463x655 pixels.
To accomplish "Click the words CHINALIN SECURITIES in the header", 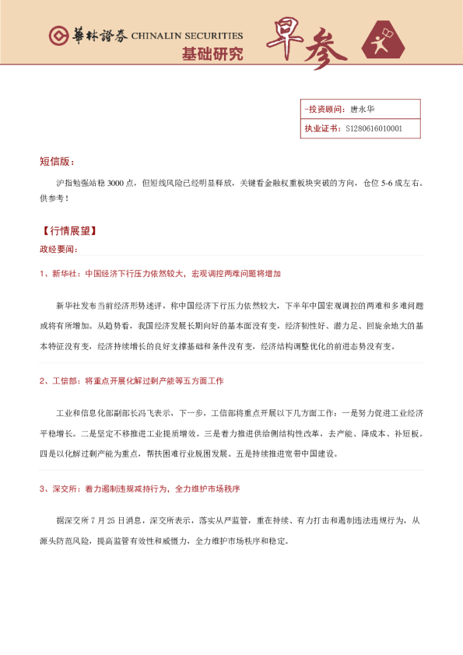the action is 187,36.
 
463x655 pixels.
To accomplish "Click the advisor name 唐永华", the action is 363,109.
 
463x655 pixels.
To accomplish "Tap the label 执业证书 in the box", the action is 321,128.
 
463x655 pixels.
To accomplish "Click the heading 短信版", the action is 56,162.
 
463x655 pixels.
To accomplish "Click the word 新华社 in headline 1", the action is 65,274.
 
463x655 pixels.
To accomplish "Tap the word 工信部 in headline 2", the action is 65,381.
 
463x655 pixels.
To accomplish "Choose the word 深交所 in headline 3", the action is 65,489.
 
